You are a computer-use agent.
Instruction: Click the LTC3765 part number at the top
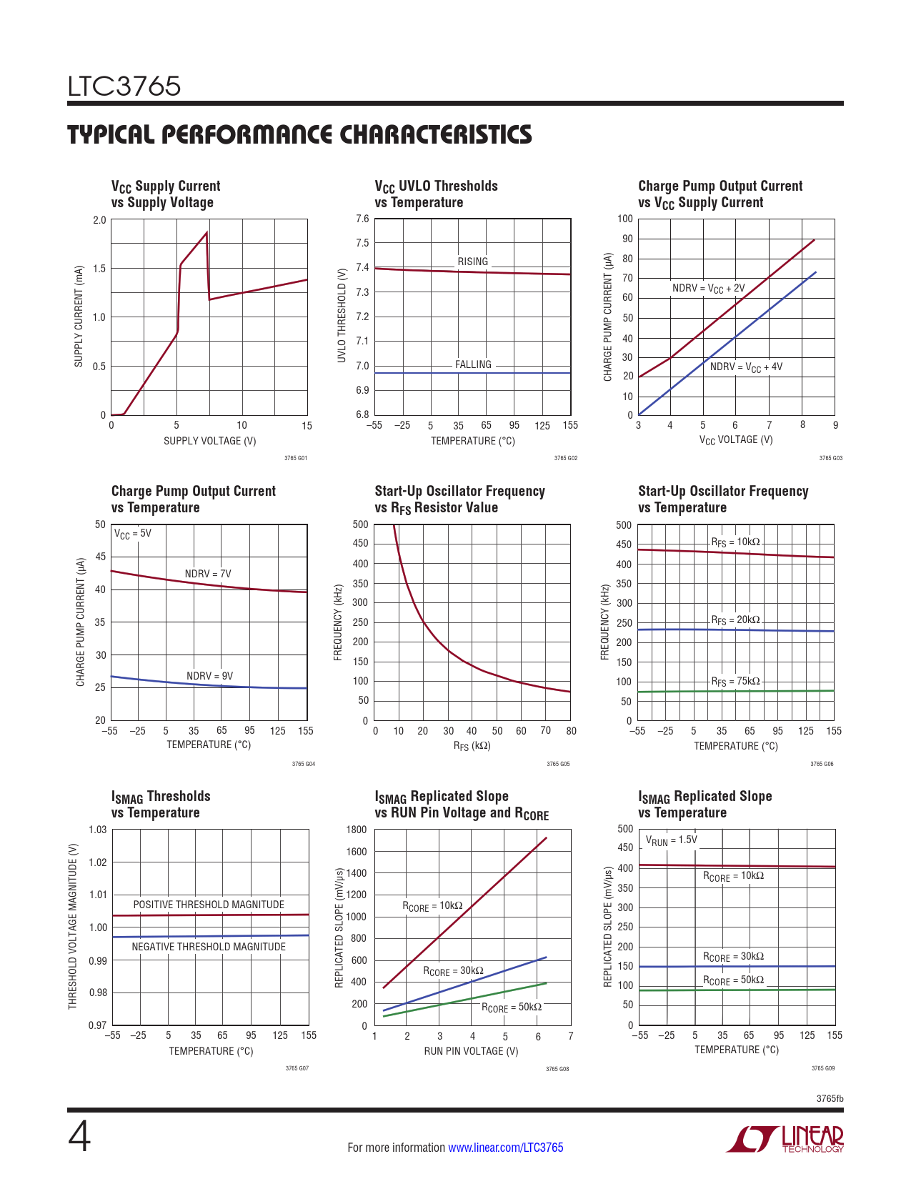pos(124,86)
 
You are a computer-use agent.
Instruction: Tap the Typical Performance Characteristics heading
pos(299,134)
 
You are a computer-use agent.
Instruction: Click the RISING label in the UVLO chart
pos(473,262)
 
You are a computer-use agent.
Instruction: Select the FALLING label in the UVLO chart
pos(473,364)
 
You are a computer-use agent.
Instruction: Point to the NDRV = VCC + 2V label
pos(708,289)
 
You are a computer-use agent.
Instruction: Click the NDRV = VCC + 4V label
pos(746,367)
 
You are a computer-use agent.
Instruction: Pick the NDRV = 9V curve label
pos(209,676)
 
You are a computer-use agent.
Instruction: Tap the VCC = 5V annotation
pos(133,534)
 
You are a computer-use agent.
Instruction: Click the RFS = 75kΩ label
pos(735,682)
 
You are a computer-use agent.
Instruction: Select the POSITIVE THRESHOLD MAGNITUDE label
pos(209,905)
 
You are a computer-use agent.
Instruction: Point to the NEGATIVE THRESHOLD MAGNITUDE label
pos(209,947)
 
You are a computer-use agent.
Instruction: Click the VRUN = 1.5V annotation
pos(671,840)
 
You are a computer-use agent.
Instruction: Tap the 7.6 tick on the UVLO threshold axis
pos(362,219)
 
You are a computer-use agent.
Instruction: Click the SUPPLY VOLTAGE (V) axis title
pos(209,441)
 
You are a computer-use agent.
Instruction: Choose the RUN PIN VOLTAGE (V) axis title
pos(471,1051)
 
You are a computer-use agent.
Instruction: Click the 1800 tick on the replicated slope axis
pos(357,830)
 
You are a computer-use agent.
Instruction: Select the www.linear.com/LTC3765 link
pos(505,1148)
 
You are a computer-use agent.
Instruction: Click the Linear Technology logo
pos(785,1139)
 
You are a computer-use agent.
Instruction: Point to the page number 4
pos(79,1138)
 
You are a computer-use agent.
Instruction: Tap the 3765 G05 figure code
pos(558,764)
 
